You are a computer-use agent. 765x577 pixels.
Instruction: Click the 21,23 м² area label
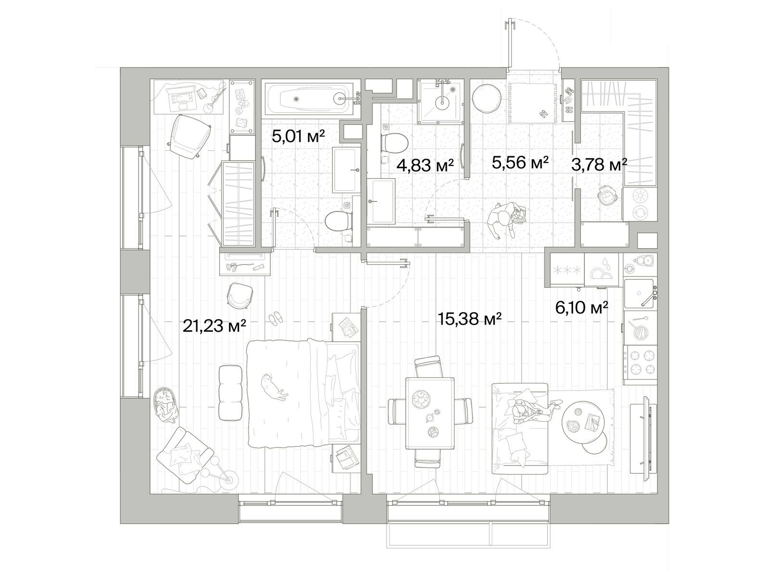[214, 326]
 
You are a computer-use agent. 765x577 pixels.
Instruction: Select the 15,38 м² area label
[470, 318]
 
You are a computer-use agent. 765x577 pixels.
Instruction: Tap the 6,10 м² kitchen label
[582, 308]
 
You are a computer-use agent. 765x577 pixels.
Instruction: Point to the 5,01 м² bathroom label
[298, 136]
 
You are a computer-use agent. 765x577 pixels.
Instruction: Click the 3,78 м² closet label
[599, 164]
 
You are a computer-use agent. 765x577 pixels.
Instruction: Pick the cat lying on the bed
[274, 387]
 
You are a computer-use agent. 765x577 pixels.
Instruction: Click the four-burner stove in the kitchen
[640, 365]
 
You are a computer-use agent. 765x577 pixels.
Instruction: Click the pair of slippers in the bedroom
[276, 318]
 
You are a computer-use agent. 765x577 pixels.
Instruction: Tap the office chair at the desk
[189, 137]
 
